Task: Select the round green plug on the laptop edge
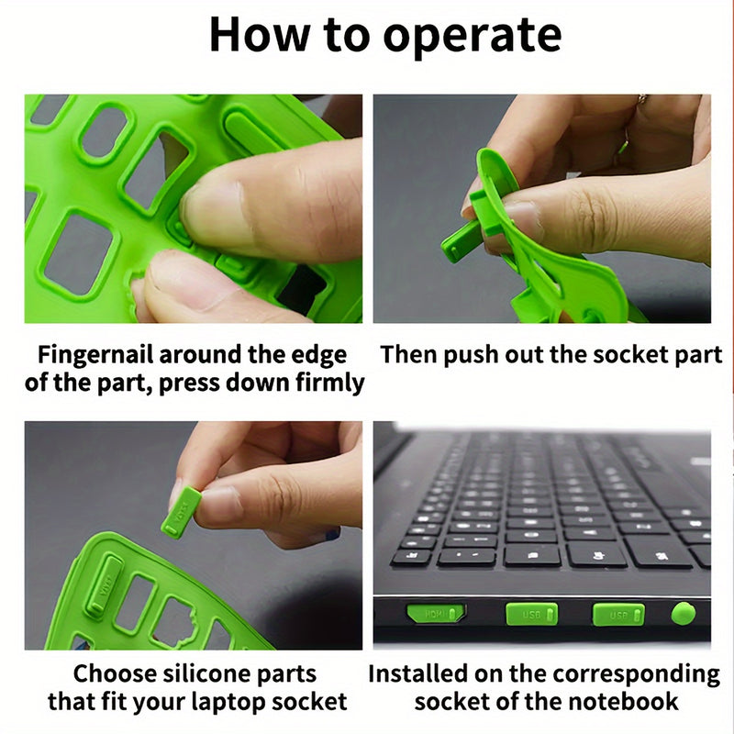683,613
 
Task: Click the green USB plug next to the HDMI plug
531,613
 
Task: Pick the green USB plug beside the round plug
617,614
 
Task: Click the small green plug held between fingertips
181,511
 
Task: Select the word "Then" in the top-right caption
409,354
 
